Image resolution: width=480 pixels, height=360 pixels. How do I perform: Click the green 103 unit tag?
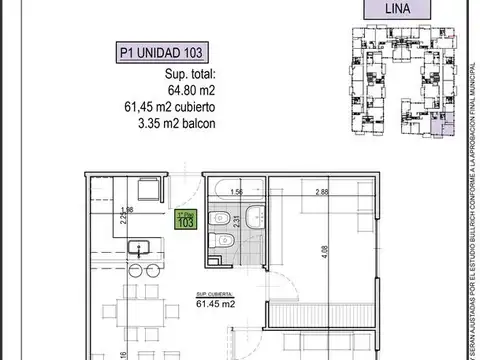coord(184,221)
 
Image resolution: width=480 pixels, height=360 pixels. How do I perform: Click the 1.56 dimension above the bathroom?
coord(238,191)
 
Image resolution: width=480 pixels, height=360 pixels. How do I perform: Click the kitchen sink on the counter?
coord(136,248)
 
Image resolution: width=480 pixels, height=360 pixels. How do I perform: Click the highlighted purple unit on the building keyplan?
coord(447,127)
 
